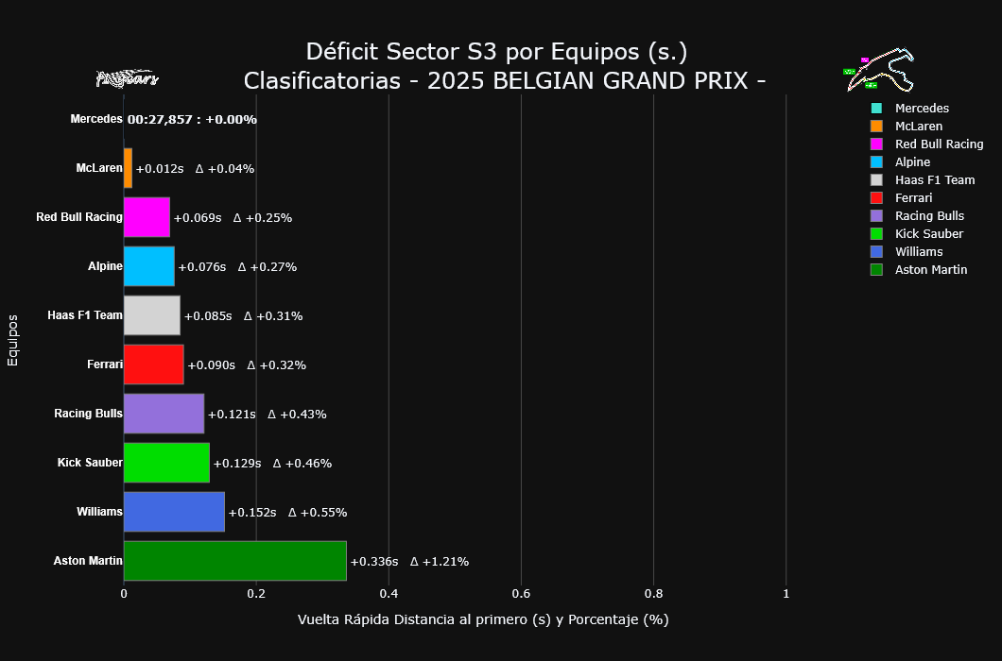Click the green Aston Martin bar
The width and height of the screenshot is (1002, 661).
(x=234, y=561)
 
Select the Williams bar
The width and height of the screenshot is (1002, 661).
(x=174, y=512)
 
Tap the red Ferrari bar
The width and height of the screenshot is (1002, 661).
(x=153, y=364)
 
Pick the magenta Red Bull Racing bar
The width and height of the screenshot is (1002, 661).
(x=147, y=217)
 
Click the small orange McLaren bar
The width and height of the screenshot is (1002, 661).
(x=128, y=168)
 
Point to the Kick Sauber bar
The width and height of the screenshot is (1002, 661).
(x=166, y=463)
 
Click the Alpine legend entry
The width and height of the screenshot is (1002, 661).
(x=912, y=162)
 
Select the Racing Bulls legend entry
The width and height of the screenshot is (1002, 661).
(x=929, y=216)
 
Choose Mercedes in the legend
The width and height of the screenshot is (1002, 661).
(x=922, y=109)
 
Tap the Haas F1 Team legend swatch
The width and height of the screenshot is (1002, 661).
(x=877, y=180)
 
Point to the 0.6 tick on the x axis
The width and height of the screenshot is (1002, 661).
(x=521, y=593)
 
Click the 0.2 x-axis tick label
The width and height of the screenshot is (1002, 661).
(x=256, y=593)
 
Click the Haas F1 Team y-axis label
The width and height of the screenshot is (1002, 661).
(x=85, y=315)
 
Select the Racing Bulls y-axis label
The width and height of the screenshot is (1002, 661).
(x=88, y=414)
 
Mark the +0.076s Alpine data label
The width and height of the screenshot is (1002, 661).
(x=202, y=266)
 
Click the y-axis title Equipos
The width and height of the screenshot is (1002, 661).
(x=12, y=340)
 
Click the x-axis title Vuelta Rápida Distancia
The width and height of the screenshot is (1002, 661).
(x=483, y=619)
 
